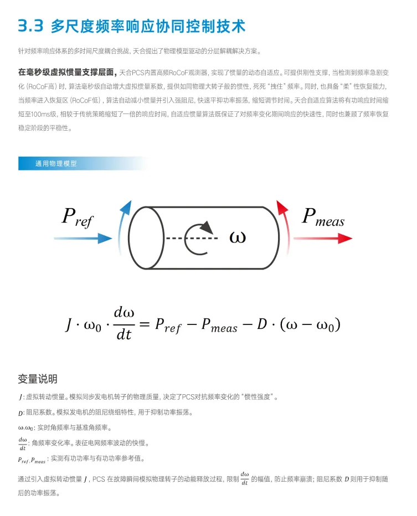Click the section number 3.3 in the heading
coord(30,25)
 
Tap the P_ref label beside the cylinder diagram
coord(77,216)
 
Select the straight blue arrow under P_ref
coord(83,239)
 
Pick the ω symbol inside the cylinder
coord(237,238)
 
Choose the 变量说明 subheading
coord(38,379)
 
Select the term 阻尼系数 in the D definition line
coord(40,412)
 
